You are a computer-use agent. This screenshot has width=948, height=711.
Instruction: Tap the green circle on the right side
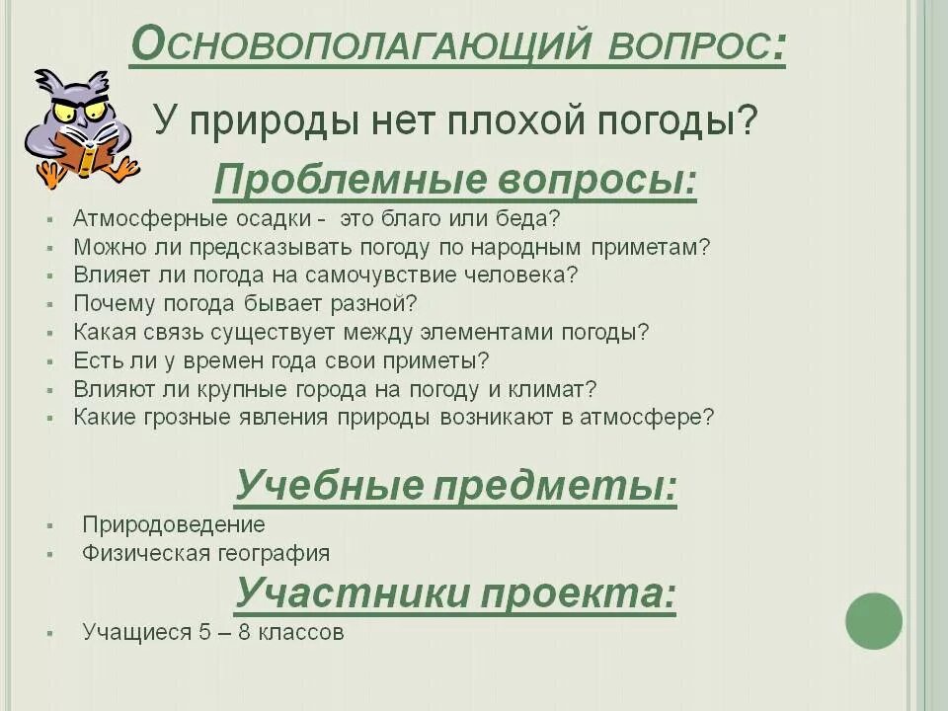coord(874,621)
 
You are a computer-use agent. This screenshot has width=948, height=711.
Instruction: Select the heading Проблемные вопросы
coord(454,181)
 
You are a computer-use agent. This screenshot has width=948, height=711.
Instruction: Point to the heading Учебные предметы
coord(455,486)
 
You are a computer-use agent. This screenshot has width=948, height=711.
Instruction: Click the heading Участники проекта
coord(455,594)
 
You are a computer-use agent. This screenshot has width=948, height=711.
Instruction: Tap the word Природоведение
coord(174,524)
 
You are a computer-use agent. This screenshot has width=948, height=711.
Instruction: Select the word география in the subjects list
coord(277,553)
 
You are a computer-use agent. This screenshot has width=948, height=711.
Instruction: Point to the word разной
coord(380,303)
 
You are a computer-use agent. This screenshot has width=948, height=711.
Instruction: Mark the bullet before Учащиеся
coord(49,633)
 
